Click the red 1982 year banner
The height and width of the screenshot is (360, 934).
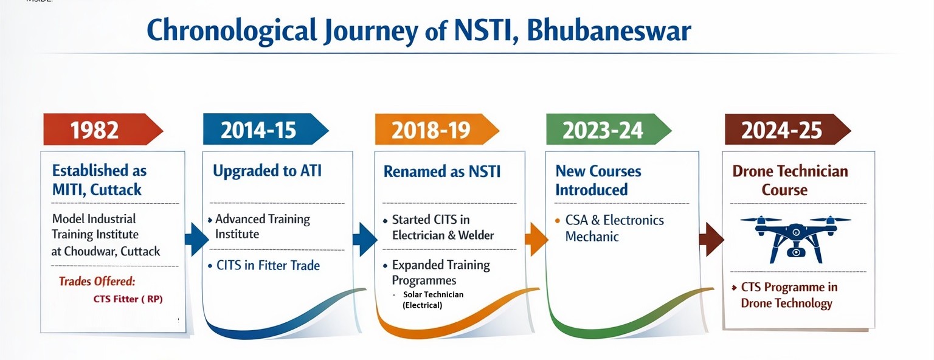(x=103, y=130)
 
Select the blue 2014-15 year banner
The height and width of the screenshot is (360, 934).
(x=266, y=130)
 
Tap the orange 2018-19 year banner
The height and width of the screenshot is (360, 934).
(x=437, y=130)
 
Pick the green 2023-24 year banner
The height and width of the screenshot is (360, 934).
(x=609, y=130)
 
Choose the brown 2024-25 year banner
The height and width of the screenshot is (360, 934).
(x=787, y=130)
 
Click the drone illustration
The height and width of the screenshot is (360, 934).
(x=795, y=240)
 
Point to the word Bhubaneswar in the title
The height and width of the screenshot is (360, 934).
(x=609, y=31)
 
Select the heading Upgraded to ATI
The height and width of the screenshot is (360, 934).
(x=268, y=171)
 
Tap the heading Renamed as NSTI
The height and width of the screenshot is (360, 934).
(x=442, y=171)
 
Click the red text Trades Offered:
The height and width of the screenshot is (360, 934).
(x=97, y=282)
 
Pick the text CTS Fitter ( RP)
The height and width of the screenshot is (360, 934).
(x=128, y=299)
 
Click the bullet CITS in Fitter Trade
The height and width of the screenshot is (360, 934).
(x=264, y=265)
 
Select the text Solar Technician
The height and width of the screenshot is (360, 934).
(x=433, y=294)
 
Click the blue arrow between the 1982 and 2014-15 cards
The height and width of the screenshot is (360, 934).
(x=197, y=240)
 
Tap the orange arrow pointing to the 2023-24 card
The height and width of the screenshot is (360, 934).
(x=536, y=240)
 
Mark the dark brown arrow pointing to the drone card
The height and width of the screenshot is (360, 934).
(x=711, y=240)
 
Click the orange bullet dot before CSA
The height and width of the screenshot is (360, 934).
(x=558, y=220)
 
